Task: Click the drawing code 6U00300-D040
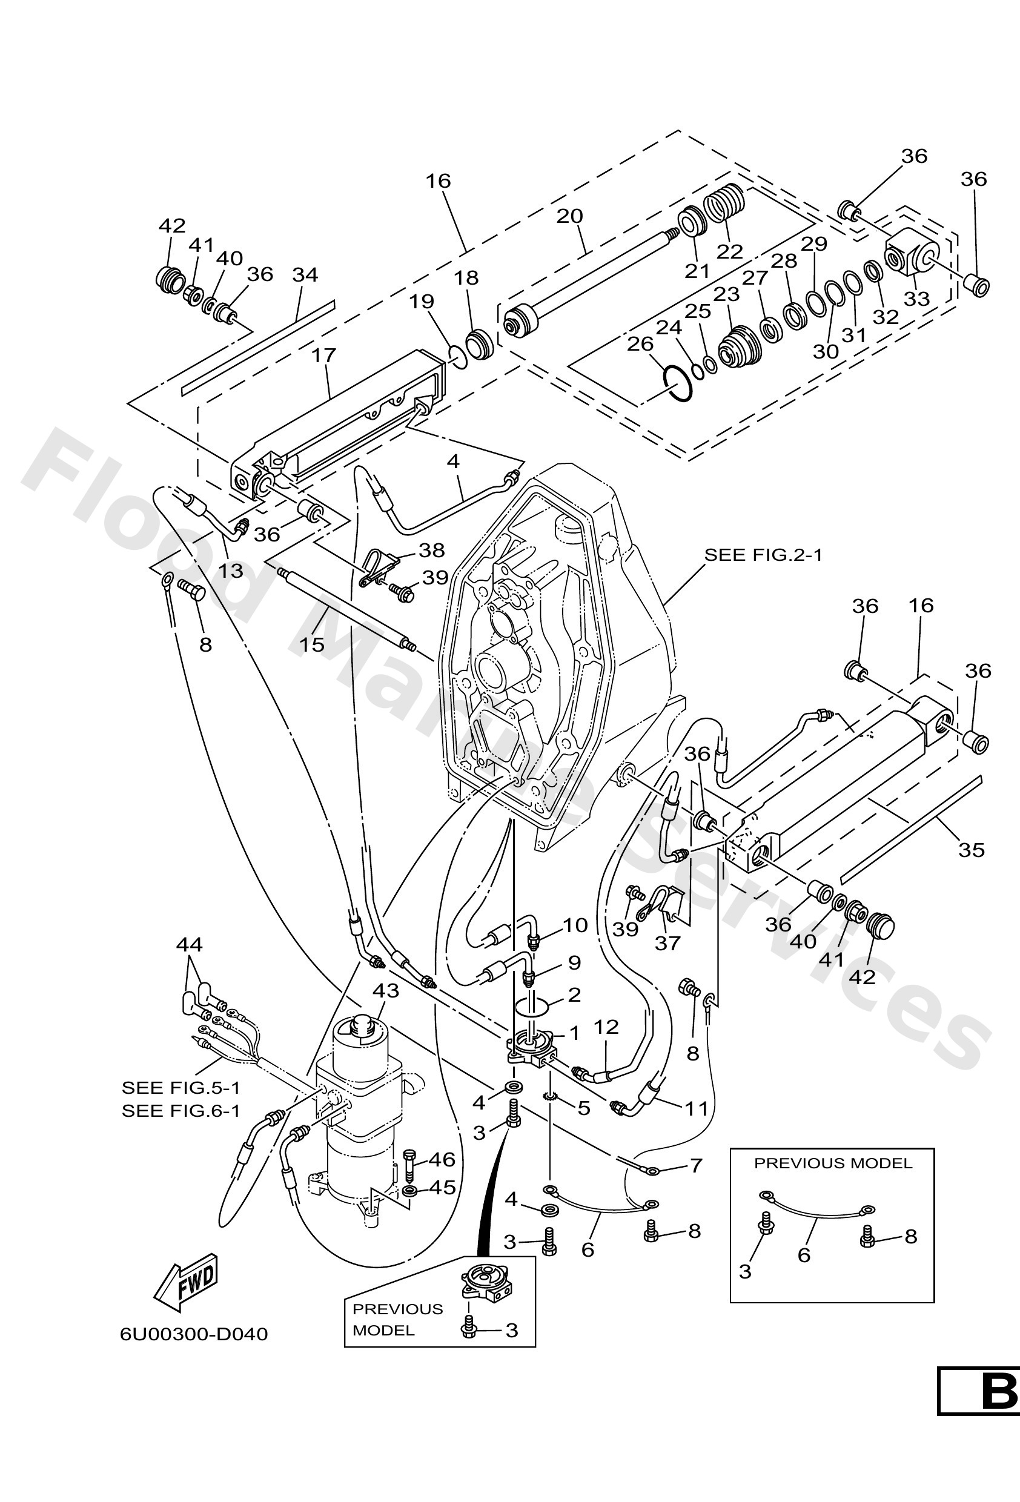tap(194, 1334)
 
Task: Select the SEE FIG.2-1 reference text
tap(763, 555)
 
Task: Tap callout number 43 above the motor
tap(385, 990)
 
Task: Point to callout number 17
tap(324, 355)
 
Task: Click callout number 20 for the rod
tap(569, 216)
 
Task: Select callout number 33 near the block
tap(916, 299)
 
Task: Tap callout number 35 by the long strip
tap(971, 849)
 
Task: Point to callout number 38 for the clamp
tap(431, 550)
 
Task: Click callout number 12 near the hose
tap(606, 1027)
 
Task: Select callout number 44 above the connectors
tap(189, 945)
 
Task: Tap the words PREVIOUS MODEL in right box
tap(833, 1163)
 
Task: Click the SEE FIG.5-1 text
tap(181, 1087)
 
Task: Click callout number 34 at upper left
tap(305, 275)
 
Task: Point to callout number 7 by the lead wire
tap(695, 1165)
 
